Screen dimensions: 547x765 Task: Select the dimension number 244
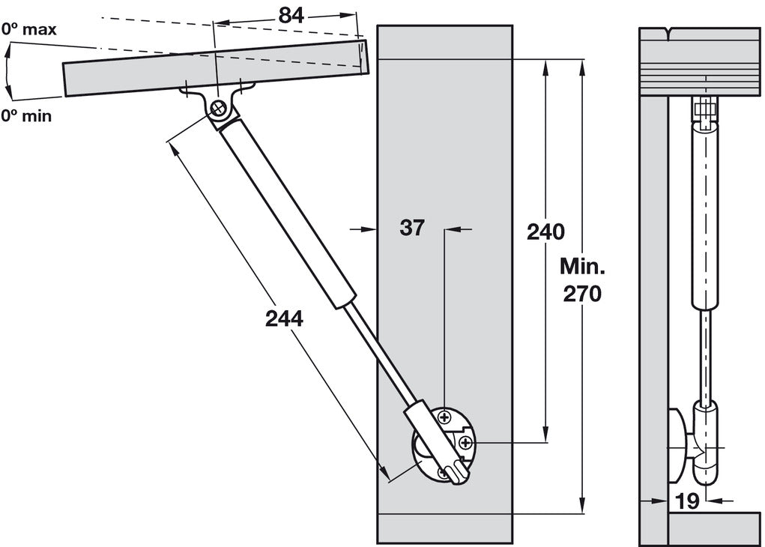pyautogui.click(x=284, y=318)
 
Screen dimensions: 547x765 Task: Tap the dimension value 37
pyautogui.click(x=411, y=228)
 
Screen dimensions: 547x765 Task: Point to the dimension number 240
pyautogui.click(x=545, y=232)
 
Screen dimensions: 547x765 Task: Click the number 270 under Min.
pyautogui.click(x=581, y=294)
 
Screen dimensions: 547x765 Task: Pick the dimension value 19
pyautogui.click(x=687, y=501)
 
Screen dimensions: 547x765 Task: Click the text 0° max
pyautogui.click(x=28, y=30)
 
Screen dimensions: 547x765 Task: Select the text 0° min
pyautogui.click(x=25, y=116)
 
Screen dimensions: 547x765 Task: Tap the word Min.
pyautogui.click(x=582, y=267)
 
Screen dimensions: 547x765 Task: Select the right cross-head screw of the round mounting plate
pyautogui.click(x=466, y=444)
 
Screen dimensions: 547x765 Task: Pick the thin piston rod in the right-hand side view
pyautogui.click(x=704, y=352)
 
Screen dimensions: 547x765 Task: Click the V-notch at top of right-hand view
pyautogui.click(x=668, y=34)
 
